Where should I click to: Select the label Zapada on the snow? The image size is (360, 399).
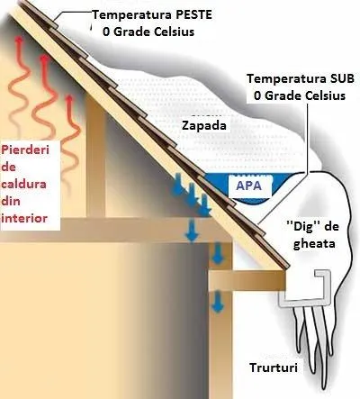point(204,125)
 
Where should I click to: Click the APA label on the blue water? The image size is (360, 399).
point(249,186)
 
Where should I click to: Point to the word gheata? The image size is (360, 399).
point(314,242)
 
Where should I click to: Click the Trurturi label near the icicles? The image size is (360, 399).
point(274,367)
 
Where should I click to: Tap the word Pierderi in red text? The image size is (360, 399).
point(25,150)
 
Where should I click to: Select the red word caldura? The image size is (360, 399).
point(24,184)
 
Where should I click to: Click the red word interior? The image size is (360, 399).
point(24,218)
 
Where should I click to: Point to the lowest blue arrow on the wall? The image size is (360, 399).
point(218,302)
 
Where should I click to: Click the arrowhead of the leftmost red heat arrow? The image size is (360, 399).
point(19,41)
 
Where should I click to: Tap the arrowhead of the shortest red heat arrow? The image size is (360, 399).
point(69,99)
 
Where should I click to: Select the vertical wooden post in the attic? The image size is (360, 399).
point(95,156)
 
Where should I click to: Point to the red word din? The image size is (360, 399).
point(11,201)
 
